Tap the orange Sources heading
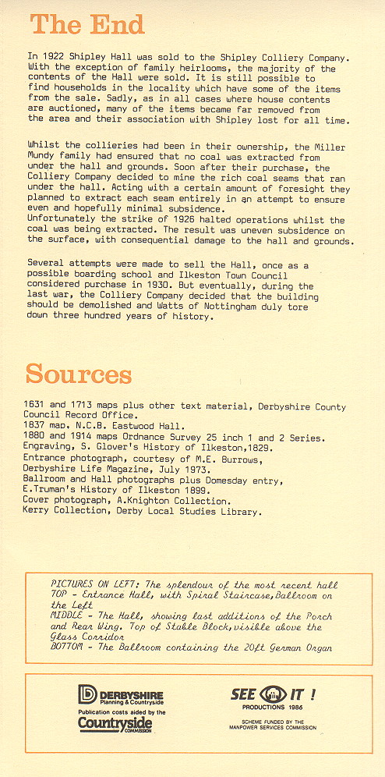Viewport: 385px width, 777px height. [x=79, y=374]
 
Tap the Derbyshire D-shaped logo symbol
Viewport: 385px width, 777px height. [x=87, y=694]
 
